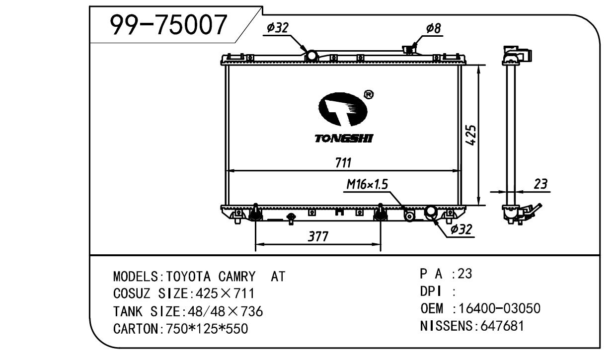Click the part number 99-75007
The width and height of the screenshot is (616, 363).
click(x=168, y=25)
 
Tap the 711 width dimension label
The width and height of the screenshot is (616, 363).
click(x=343, y=163)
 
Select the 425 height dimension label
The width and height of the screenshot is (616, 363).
click(x=470, y=135)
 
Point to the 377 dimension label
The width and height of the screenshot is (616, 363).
click(x=318, y=236)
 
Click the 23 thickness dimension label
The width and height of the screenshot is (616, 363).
click(x=540, y=184)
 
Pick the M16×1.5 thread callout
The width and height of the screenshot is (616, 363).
click(x=367, y=184)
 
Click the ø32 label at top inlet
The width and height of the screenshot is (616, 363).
click(x=278, y=27)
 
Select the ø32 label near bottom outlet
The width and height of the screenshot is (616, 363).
click(x=461, y=229)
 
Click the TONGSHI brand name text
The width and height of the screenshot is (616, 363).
click(x=344, y=139)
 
